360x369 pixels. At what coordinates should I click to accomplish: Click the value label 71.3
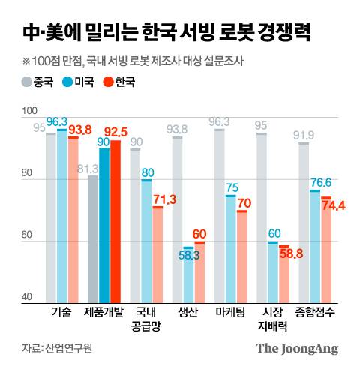(x=163, y=199)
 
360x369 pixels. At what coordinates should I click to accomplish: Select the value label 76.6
(x=321, y=182)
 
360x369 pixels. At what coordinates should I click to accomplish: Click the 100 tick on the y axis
(x=30, y=110)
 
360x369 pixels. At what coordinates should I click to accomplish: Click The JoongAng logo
(x=296, y=348)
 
